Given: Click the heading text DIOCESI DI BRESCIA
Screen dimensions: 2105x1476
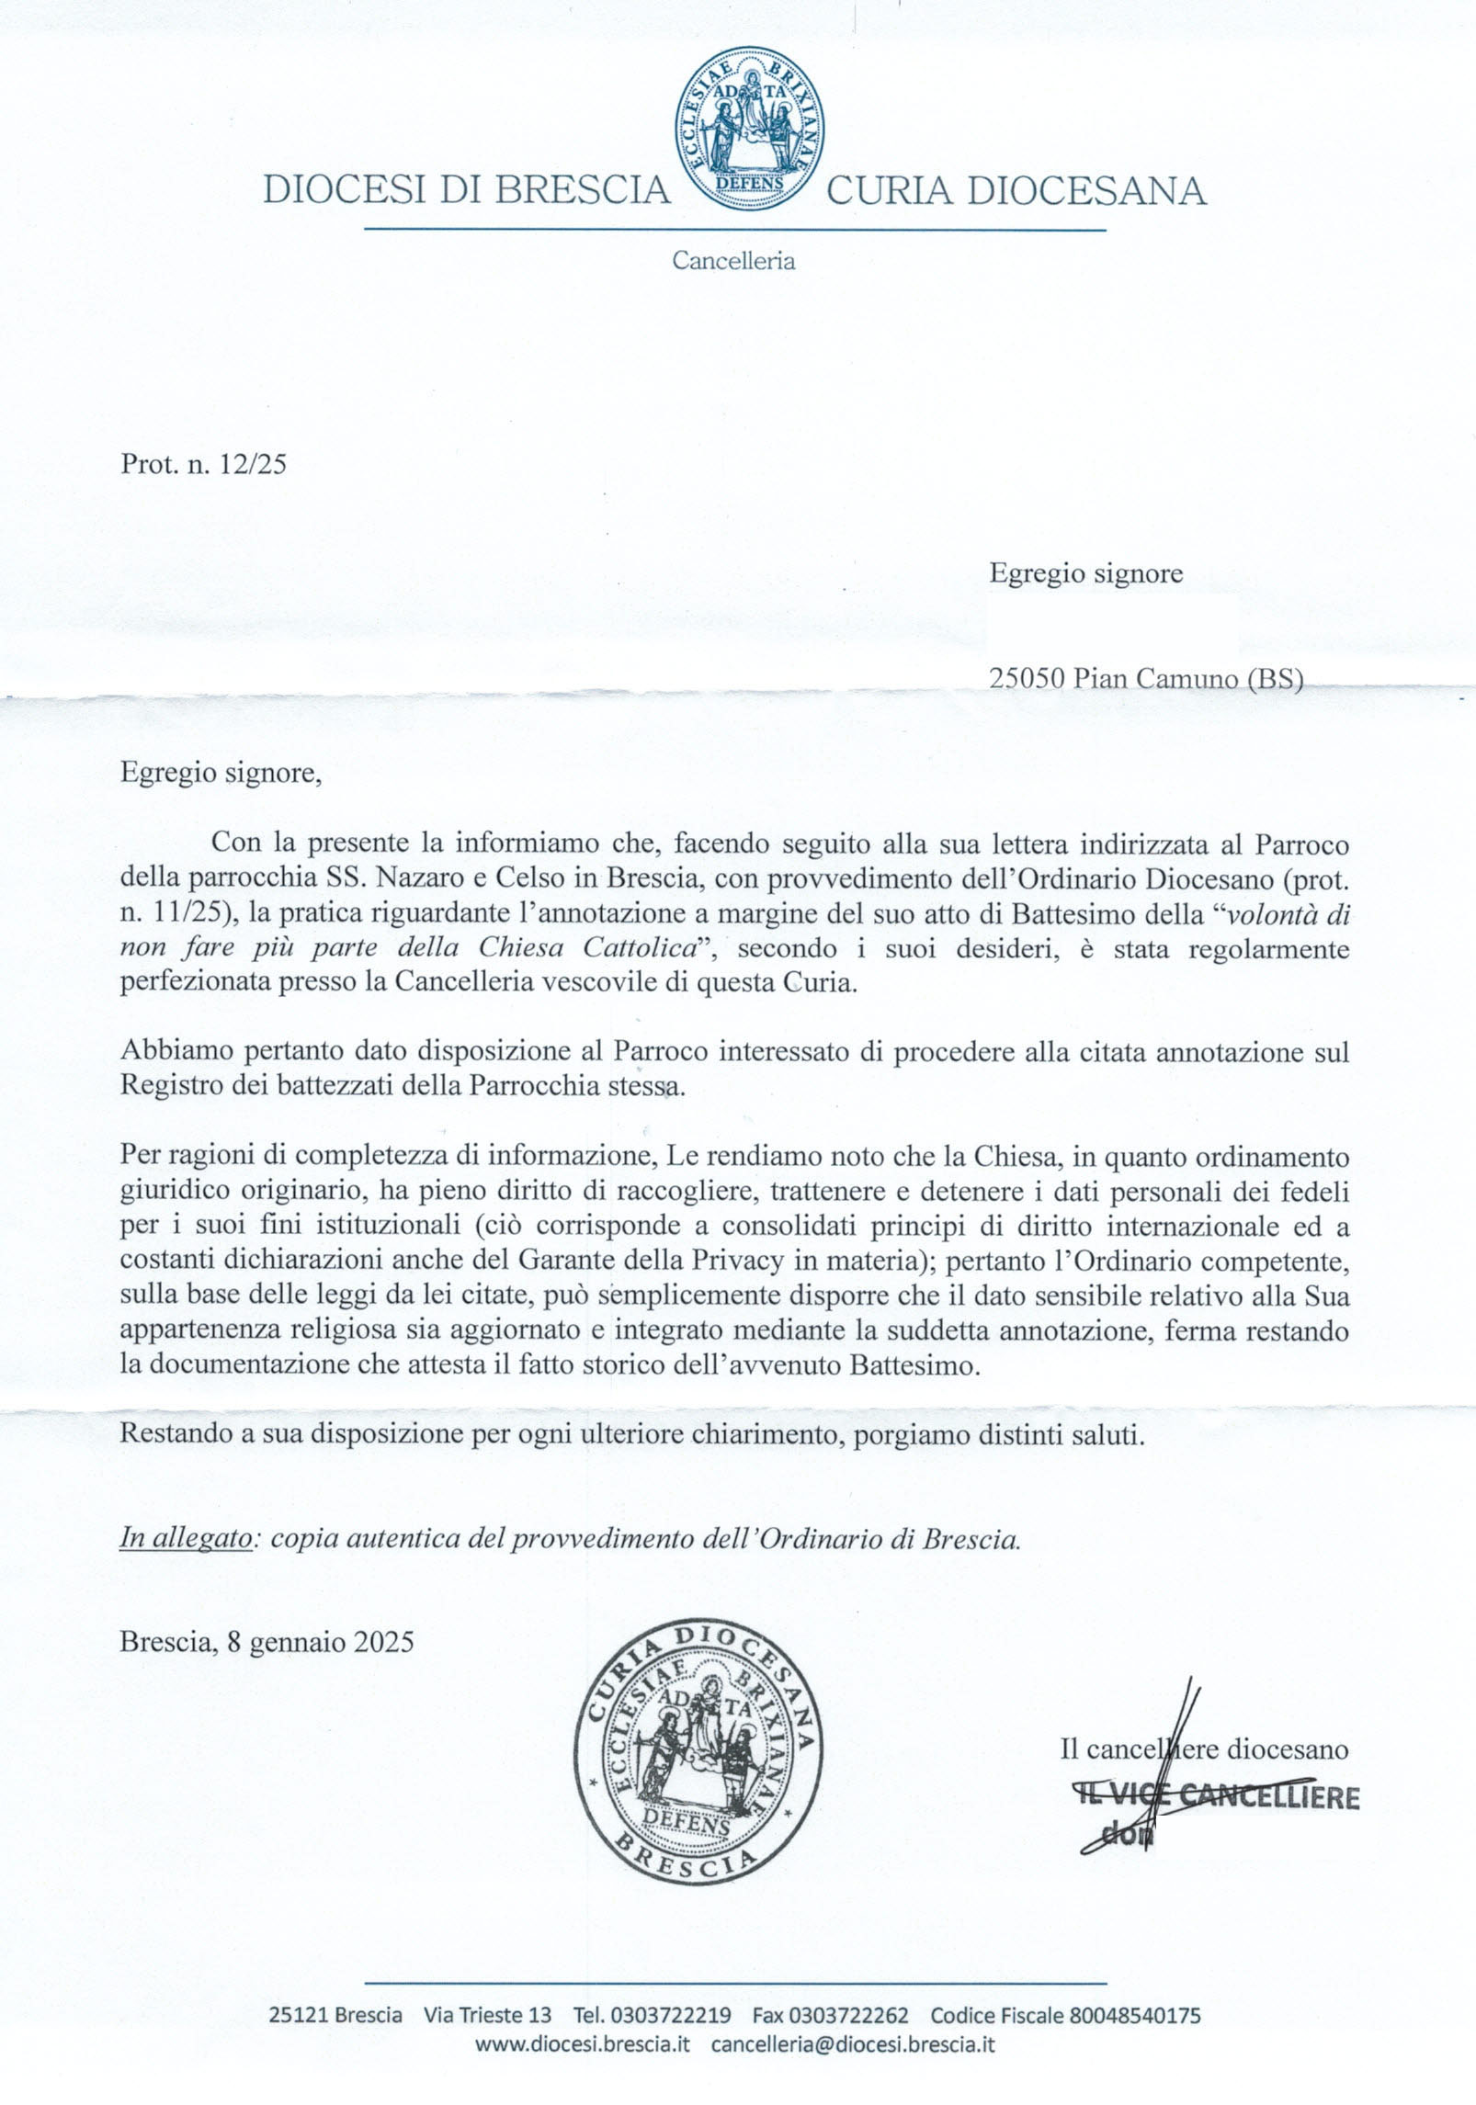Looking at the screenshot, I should tap(467, 190).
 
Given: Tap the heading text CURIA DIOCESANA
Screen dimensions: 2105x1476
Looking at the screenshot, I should tap(1016, 190).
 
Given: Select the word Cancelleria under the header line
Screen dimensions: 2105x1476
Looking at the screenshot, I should tap(733, 261).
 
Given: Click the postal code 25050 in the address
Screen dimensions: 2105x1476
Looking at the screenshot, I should tap(1027, 678).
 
